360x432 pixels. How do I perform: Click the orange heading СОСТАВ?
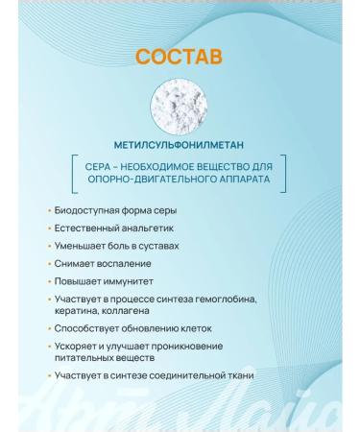pyautogui.click(x=180, y=57)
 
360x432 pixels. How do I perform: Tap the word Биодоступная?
pyautogui.click(x=85, y=210)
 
